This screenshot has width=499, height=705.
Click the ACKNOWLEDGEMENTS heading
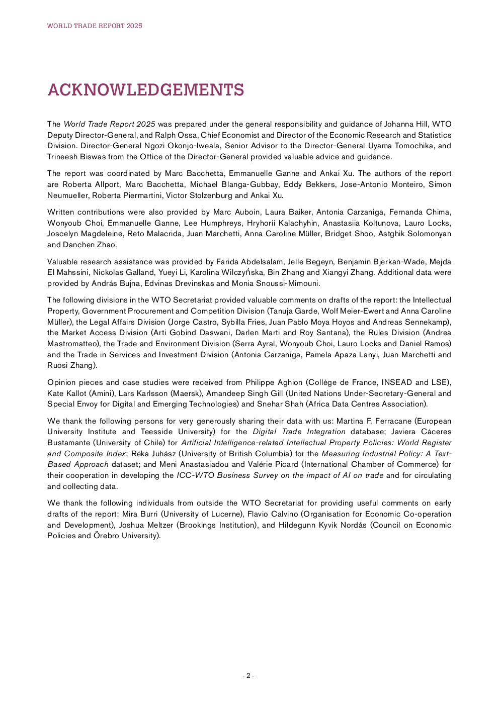[145, 90]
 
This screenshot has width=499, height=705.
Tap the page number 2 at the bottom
[248, 675]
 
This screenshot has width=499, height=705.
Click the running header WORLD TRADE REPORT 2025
[95, 26]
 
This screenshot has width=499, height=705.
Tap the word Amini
[102, 393]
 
